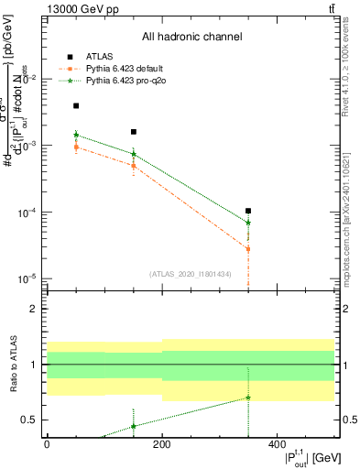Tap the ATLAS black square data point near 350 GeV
coord(248,211)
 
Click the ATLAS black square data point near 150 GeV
coord(134,132)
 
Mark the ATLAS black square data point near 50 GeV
coord(76,106)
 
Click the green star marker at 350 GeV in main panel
coord(248,223)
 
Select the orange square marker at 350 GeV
coord(248,249)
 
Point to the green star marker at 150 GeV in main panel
coord(134,154)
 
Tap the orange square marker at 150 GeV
coord(134,166)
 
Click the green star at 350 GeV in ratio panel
coord(248,398)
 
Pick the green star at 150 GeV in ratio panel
coord(134,426)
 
